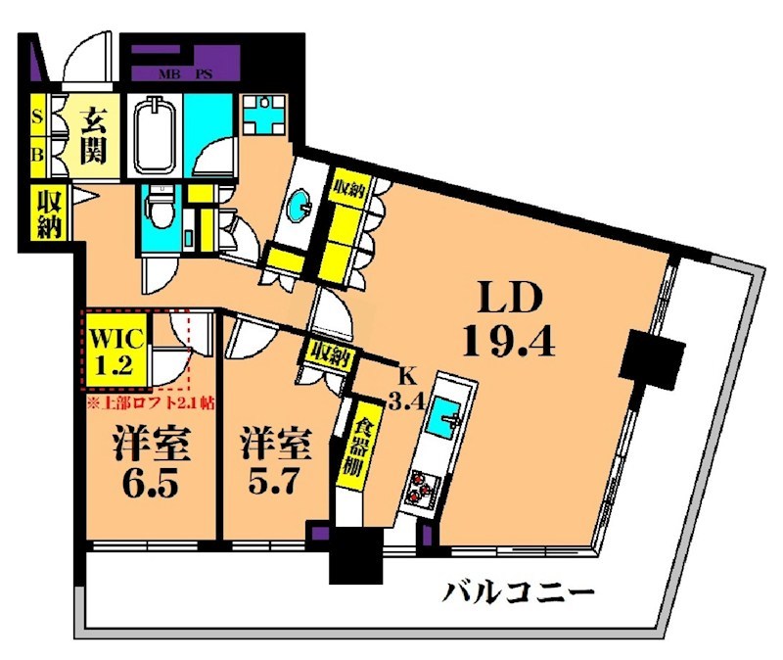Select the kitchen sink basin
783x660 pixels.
point(448,418)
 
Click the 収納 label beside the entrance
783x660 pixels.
point(49,213)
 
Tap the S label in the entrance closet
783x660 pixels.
point(38,118)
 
